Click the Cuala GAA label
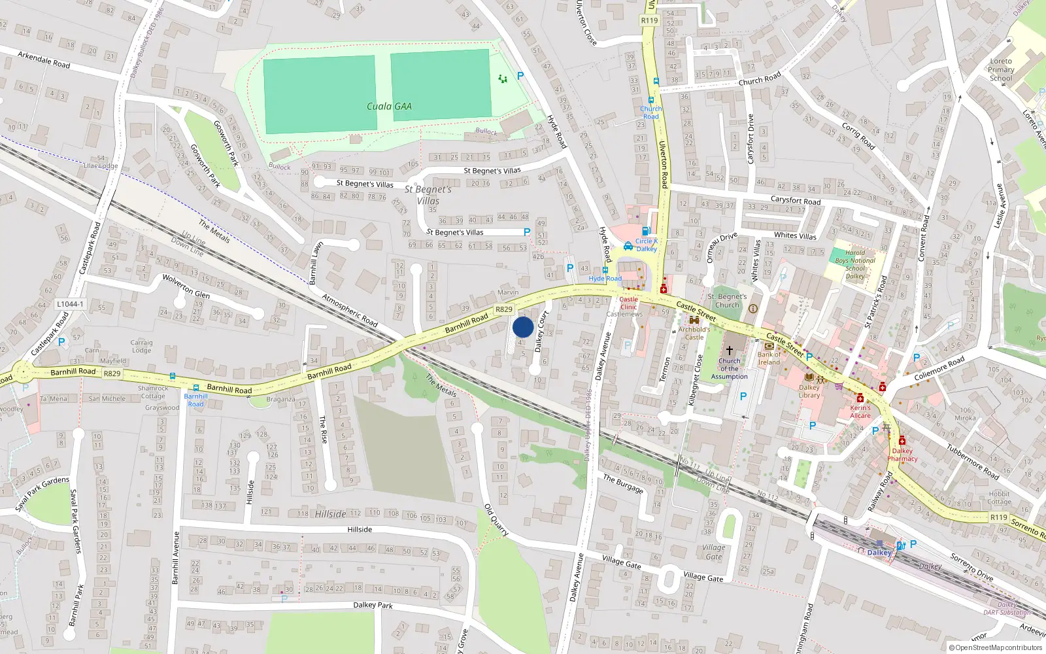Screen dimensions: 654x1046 pos(389,106)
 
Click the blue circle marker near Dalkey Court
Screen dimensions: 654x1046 pos(523,327)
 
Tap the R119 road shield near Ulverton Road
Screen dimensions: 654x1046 pos(649,20)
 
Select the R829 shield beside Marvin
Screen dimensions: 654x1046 pos(504,309)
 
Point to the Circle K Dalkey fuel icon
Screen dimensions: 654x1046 pos(646,231)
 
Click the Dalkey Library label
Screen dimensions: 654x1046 pos(809,391)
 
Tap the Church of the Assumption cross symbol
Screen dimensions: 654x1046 pos(730,351)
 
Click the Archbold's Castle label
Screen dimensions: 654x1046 pos(694,333)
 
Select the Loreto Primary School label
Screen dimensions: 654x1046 pos(1001,69)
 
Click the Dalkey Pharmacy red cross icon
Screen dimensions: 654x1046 pos(902,440)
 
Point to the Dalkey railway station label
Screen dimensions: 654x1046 pos(879,553)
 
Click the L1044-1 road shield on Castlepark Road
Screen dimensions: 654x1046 pos(70,304)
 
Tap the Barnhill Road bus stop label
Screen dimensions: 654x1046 pos(195,400)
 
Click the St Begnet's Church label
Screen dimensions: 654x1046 pos(727,300)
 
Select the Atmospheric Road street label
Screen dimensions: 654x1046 pos(350,310)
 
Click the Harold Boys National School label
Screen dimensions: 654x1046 pos(855,264)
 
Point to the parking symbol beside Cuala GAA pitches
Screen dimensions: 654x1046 pos(520,76)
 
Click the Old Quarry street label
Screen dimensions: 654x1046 pos(496,520)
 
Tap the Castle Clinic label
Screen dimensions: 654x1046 pos(628,303)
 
